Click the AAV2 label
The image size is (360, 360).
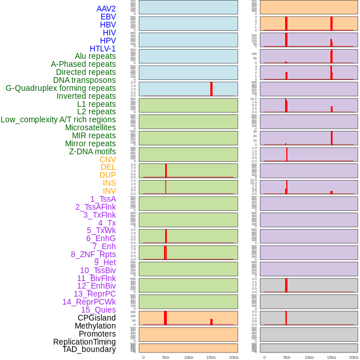(x=106, y=9)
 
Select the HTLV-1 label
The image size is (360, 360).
(x=102, y=49)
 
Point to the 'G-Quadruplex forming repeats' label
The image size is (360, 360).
(x=61, y=88)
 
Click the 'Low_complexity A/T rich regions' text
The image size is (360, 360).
(x=58, y=119)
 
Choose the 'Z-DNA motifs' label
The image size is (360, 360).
(x=92, y=151)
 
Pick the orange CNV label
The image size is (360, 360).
(x=107, y=159)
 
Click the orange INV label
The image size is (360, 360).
(x=109, y=191)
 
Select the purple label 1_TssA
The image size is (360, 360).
(x=103, y=199)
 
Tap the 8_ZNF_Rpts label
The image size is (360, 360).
(x=93, y=254)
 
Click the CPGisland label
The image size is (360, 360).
(x=97, y=318)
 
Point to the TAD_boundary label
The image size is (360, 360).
(x=89, y=349)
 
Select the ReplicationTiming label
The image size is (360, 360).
(x=84, y=342)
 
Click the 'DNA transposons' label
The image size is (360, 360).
(x=85, y=80)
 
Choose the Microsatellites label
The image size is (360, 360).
(x=90, y=127)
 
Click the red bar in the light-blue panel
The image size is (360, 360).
(x=211, y=89)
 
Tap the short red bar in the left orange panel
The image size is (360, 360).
(x=211, y=322)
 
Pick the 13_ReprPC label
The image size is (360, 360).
(x=94, y=294)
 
